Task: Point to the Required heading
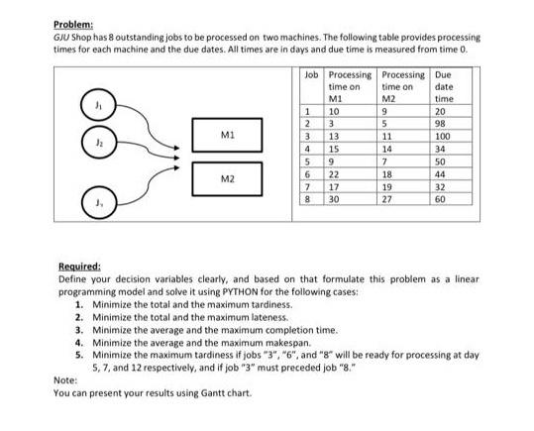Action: point(81,266)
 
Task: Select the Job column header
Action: point(311,75)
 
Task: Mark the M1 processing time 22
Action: point(333,172)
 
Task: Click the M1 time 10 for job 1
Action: point(333,110)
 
